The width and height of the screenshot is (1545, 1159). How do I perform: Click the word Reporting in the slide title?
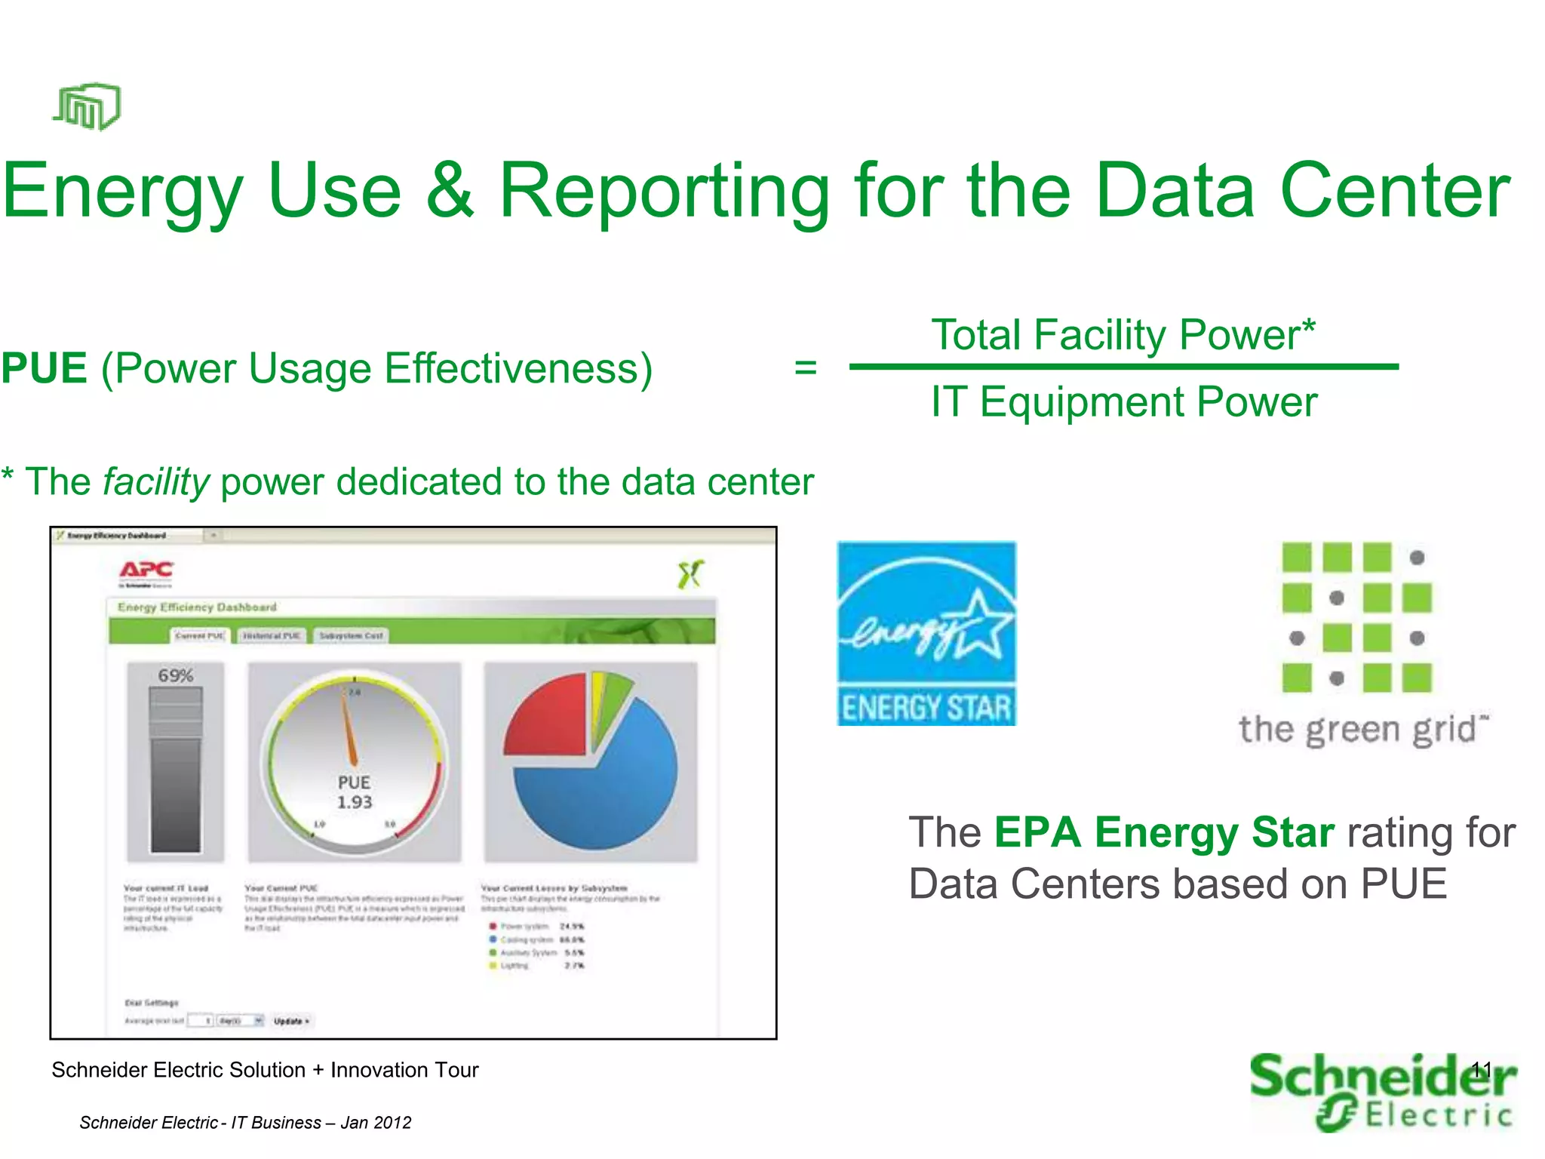click(664, 192)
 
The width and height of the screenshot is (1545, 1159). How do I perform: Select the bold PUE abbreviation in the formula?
click(44, 368)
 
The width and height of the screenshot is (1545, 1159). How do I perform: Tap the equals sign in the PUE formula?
click(806, 367)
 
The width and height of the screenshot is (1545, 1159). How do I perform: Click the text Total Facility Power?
click(1123, 334)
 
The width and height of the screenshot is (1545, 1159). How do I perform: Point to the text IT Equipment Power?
click(1124, 401)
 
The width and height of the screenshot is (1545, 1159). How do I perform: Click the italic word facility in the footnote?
click(156, 482)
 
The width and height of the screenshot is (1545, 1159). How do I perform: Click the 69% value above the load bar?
click(175, 675)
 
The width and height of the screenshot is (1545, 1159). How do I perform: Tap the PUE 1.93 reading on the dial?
click(354, 792)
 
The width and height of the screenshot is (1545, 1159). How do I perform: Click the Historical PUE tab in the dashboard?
click(271, 636)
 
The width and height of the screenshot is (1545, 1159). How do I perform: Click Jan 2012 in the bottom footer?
click(376, 1123)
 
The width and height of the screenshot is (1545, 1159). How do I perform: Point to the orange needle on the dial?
click(349, 728)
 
